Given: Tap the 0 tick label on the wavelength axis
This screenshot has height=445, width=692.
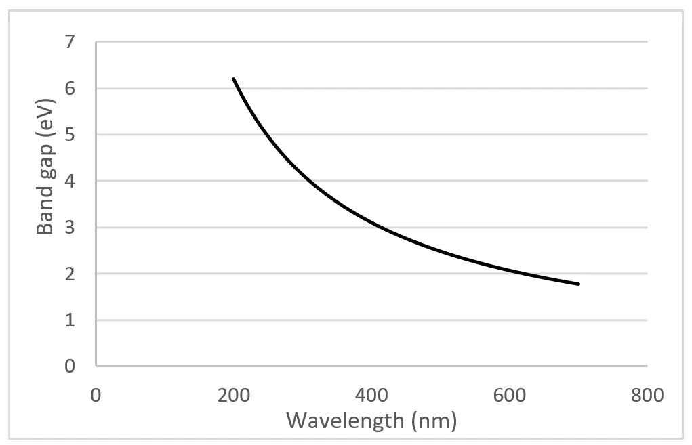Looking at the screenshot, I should click(96, 394).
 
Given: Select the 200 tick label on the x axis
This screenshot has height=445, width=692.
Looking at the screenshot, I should click(234, 394).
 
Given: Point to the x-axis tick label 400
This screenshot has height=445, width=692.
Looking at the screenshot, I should click(371, 394).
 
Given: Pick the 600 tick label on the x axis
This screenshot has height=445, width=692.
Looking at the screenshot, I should click(510, 394).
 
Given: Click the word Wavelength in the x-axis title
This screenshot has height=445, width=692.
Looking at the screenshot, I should click(344, 421).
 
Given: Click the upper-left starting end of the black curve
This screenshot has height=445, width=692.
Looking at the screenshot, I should click(234, 79).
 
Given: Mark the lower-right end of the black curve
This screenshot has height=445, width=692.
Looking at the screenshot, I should click(579, 284).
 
